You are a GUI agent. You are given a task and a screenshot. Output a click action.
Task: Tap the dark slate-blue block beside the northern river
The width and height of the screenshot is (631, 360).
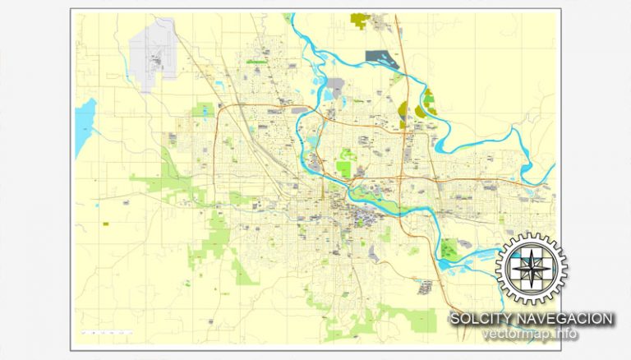tap(380, 57)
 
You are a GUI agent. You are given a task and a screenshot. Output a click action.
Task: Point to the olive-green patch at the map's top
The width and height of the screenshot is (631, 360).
tap(360, 17)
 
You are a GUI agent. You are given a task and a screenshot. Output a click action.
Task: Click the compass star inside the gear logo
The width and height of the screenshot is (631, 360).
tap(530, 268)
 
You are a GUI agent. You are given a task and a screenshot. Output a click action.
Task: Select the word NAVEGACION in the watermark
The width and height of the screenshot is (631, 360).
tap(567, 318)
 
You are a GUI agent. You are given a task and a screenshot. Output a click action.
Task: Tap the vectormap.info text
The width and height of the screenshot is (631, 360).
tap(530, 334)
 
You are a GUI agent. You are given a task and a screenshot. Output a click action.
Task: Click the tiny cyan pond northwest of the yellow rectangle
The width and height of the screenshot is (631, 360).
tap(96, 205)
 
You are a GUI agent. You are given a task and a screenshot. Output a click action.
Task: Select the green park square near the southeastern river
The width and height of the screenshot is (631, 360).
tap(449, 247)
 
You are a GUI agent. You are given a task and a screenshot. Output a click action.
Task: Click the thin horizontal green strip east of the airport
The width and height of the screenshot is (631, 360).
tap(257, 62)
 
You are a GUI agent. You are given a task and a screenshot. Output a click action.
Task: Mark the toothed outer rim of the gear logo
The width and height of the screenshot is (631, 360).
tap(530, 238)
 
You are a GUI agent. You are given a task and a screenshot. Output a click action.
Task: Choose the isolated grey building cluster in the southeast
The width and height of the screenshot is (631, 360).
tap(425, 287)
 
